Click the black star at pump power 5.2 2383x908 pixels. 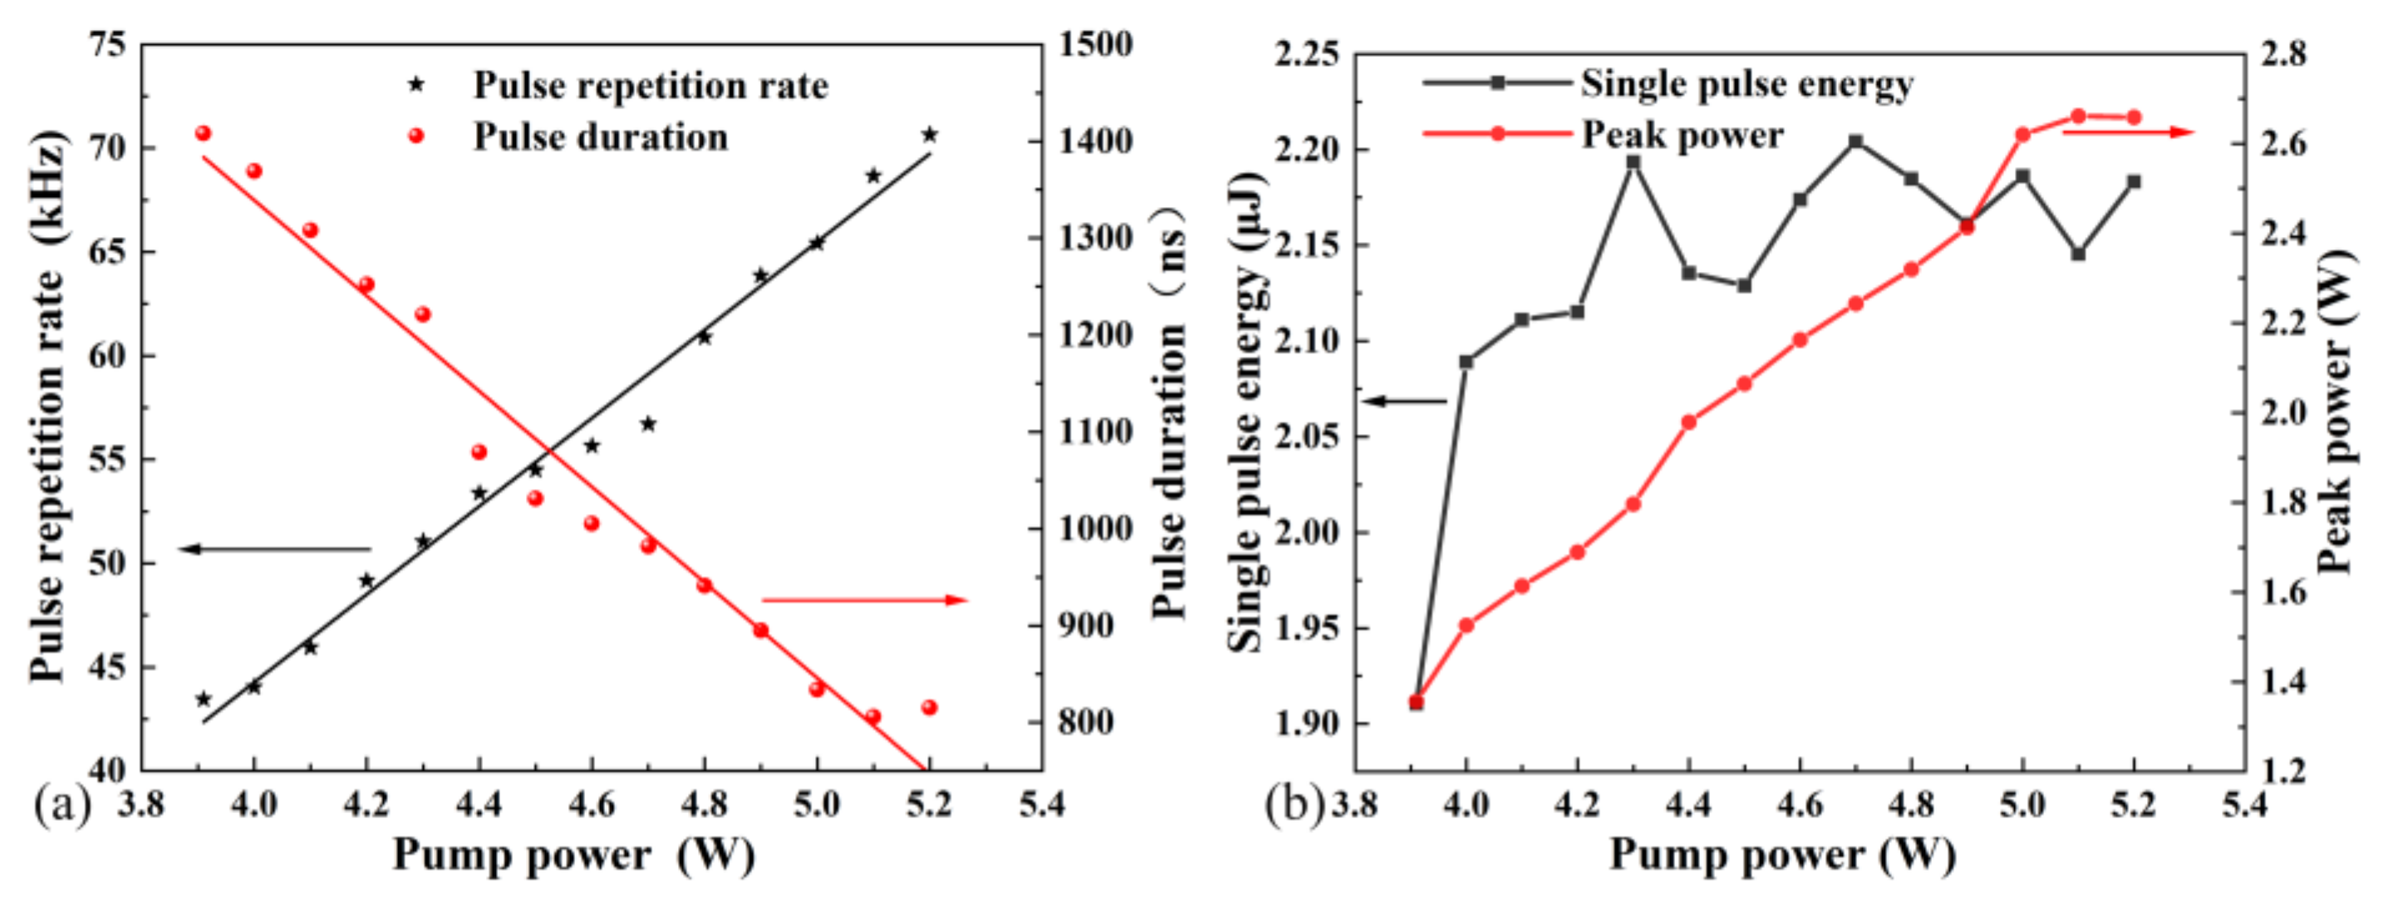[930, 136]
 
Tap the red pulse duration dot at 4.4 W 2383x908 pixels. [479, 452]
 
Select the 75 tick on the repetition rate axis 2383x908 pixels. [107, 43]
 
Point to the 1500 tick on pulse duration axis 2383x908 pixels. [1095, 43]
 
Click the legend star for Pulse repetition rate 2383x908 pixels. [416, 85]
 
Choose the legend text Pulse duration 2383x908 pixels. [601, 137]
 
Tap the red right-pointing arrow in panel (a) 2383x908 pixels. [864, 600]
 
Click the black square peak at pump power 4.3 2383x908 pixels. [1634, 162]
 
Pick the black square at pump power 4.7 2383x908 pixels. [1855, 141]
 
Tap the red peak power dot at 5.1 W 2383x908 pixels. [2078, 116]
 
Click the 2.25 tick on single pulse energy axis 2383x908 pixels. [1306, 55]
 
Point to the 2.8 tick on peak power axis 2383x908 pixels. [2284, 55]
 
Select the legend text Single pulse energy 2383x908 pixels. [1747, 83]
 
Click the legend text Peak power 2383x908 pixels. [1682, 136]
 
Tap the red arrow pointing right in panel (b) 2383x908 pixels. [2128, 132]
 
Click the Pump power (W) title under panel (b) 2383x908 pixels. [1781, 853]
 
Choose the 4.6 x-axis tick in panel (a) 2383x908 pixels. [591, 804]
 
